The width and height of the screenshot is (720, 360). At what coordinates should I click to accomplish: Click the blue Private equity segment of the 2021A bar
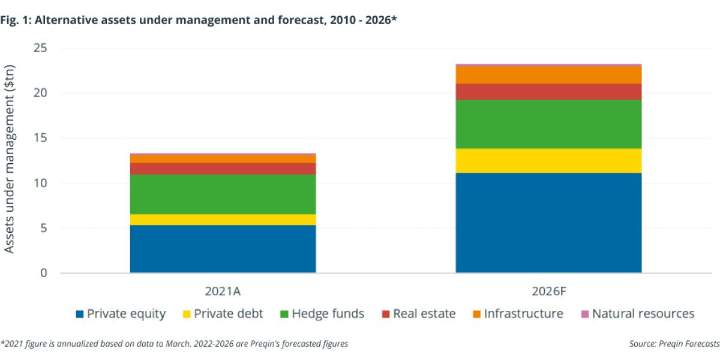coord(223,249)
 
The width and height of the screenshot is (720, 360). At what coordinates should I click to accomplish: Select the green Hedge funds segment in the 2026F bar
coord(548,124)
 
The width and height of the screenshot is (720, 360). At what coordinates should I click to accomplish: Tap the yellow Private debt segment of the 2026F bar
coord(548,161)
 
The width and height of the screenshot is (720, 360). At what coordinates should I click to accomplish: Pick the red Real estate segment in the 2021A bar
coord(223,169)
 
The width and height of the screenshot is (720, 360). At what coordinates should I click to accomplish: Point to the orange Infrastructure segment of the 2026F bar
coord(548,74)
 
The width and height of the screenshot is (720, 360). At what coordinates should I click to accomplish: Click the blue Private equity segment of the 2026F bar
coord(548,223)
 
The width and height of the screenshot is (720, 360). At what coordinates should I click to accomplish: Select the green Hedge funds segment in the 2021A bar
coord(223,194)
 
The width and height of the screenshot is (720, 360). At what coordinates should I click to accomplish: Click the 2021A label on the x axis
coord(223,292)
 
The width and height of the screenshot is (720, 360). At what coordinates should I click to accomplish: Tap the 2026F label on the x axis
coord(548,292)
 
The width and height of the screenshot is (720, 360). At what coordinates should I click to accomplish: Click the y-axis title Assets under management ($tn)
coord(10,158)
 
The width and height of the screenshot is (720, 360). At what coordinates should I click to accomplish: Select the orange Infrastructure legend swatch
coord(476,314)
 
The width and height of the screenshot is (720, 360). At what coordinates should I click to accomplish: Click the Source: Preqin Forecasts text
coord(674,344)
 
